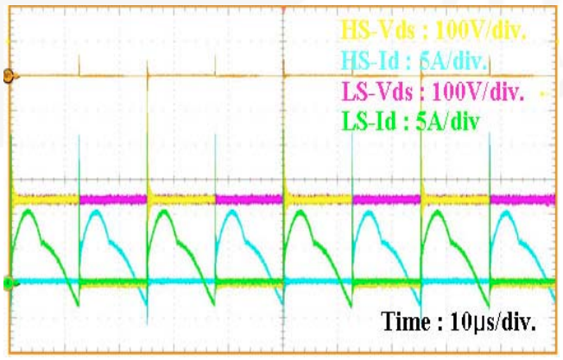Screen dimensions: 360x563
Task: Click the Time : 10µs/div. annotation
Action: click(x=459, y=324)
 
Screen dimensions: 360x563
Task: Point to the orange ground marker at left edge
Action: click(x=8, y=76)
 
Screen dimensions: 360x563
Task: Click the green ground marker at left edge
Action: click(x=8, y=282)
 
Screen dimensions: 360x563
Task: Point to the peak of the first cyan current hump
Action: click(x=93, y=210)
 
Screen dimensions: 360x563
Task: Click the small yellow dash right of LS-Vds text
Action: click(x=542, y=92)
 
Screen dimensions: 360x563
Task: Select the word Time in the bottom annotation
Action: click(x=402, y=324)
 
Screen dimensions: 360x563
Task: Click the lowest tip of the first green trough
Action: click(x=77, y=304)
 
